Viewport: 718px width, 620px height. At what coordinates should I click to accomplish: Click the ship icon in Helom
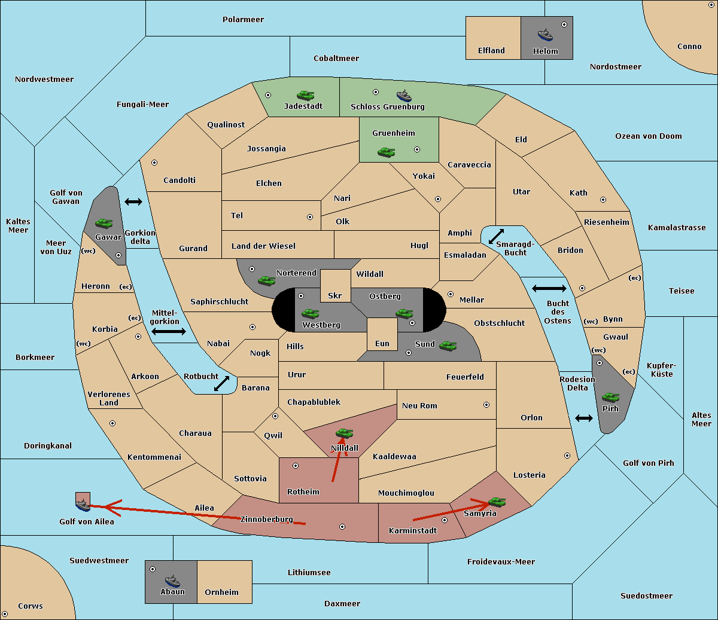click(x=545, y=35)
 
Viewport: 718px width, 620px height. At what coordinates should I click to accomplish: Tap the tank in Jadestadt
click(x=305, y=95)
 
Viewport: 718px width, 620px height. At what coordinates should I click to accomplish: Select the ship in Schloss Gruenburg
click(x=404, y=95)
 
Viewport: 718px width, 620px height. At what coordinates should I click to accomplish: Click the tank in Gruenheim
click(x=387, y=152)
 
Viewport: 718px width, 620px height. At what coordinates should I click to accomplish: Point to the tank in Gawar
click(x=104, y=223)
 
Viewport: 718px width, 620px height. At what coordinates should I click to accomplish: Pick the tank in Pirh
click(x=610, y=397)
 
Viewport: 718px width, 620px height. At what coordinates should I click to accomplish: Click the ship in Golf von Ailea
click(x=83, y=505)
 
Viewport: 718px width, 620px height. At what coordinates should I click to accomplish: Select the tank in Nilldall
click(x=344, y=433)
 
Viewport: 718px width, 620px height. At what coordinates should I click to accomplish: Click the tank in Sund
click(x=448, y=346)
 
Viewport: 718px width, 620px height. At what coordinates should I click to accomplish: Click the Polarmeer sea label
click(x=243, y=20)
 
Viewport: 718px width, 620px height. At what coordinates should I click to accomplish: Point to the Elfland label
click(x=491, y=51)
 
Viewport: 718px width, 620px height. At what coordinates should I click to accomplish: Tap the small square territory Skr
click(x=335, y=286)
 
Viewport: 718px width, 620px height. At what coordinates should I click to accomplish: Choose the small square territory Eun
click(x=382, y=334)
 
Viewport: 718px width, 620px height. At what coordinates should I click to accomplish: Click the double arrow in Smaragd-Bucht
click(x=496, y=236)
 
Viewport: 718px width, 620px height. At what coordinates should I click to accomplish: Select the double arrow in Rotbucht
click(x=221, y=383)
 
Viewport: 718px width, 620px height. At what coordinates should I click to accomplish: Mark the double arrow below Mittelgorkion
click(x=169, y=331)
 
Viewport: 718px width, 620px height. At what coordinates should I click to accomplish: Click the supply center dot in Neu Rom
click(x=486, y=405)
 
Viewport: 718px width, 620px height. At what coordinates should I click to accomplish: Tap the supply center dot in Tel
click(x=310, y=217)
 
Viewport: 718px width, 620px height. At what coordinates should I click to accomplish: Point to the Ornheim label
click(x=221, y=592)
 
